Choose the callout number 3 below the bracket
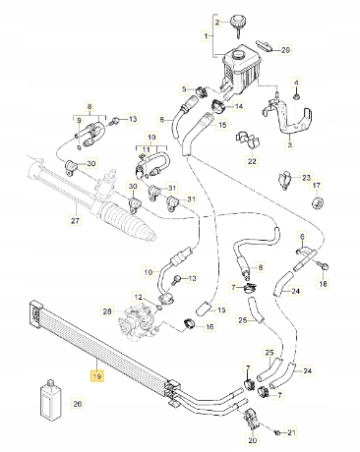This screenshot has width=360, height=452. pyautogui.click(x=289, y=145)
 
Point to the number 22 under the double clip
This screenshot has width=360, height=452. pyautogui.click(x=251, y=161)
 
